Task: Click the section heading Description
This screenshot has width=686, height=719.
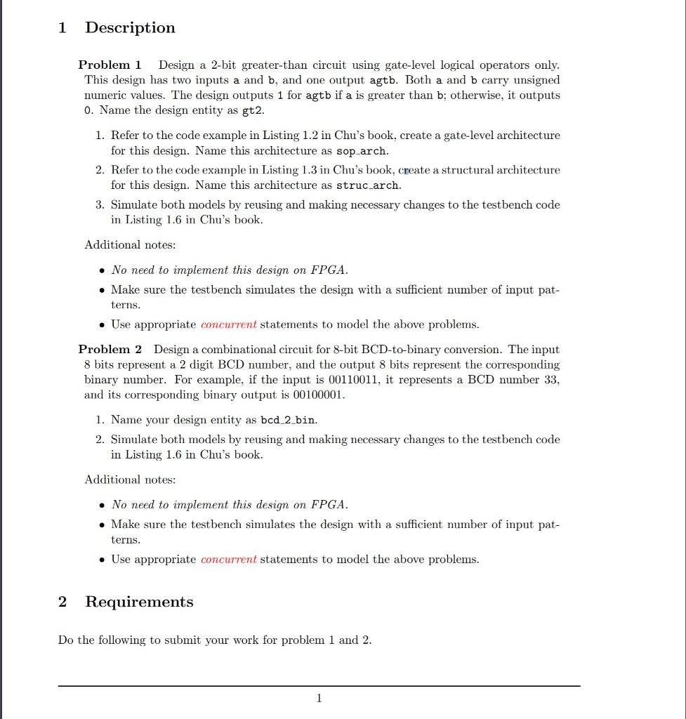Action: pyautogui.click(x=130, y=28)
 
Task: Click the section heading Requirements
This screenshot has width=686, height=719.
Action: pyautogui.click(x=139, y=602)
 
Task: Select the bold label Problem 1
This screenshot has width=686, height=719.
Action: pyautogui.click(x=110, y=65)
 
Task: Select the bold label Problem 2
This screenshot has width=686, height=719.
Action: pyautogui.click(x=110, y=349)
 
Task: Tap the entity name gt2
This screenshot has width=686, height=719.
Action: pyautogui.click(x=253, y=110)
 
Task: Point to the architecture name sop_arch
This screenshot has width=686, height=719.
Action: pyautogui.click(x=362, y=150)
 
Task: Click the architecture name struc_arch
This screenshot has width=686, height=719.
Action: pyautogui.click(x=369, y=185)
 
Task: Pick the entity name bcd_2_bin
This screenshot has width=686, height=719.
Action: pyautogui.click(x=288, y=420)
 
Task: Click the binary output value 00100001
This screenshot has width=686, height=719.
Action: pyautogui.click(x=318, y=395)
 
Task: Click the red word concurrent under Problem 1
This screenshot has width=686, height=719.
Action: pyautogui.click(x=229, y=324)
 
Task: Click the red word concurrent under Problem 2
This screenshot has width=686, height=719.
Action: pyautogui.click(x=229, y=560)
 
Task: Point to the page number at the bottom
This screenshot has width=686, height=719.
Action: pyautogui.click(x=319, y=698)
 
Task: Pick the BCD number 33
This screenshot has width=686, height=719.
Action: pyautogui.click(x=550, y=380)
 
